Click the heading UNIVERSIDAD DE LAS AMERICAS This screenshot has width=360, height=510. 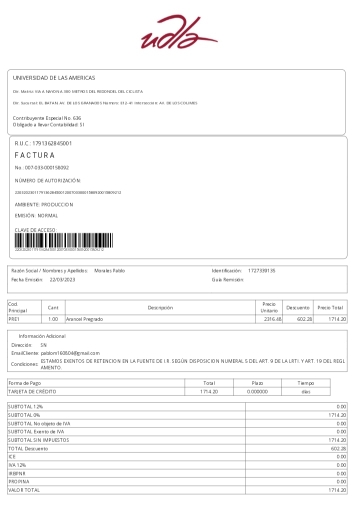[53, 78]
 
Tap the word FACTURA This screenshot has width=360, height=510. [35, 155]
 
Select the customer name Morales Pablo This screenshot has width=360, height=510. [109, 270]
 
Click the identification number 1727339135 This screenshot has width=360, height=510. [261, 270]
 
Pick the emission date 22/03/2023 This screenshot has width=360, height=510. [62, 279]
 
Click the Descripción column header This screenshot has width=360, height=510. [160, 307]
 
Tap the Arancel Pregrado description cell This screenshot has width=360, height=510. [84, 319]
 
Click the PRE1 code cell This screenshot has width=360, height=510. [14, 319]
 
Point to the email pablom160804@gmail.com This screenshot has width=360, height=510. [70, 353]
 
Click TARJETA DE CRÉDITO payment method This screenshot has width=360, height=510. [32, 391]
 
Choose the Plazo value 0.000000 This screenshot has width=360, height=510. [257, 391]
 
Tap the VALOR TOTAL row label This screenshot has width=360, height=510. [24, 490]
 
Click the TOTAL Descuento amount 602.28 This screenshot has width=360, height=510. [338, 448]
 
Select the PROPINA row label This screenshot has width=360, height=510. [19, 481]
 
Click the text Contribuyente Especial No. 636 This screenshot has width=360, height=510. [46, 118]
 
